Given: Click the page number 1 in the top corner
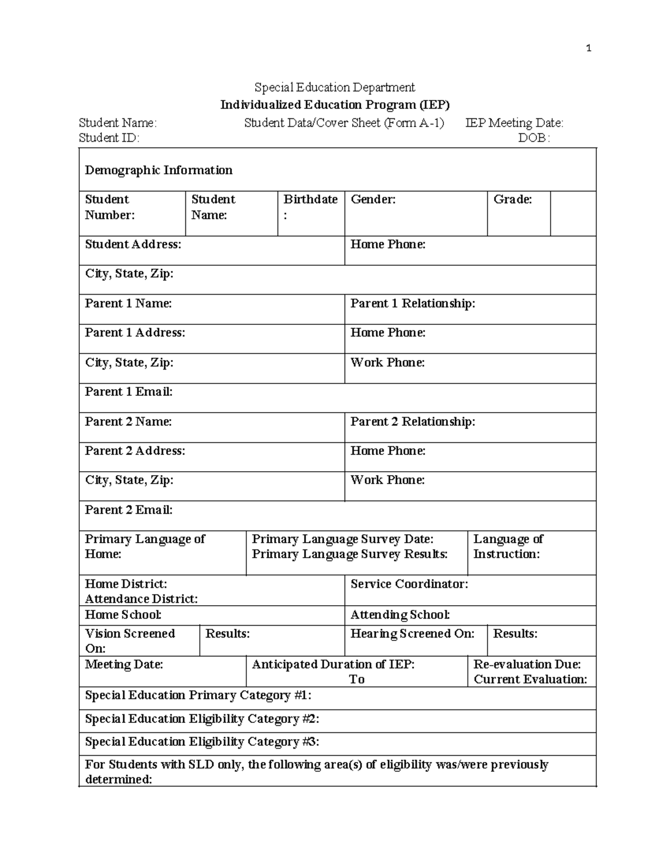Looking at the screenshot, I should click(588, 49).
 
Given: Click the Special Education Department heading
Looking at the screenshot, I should click(334, 87).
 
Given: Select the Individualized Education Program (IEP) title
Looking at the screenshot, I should click(334, 104).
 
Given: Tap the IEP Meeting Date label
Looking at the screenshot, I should click(514, 123).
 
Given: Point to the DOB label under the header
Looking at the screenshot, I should click(534, 138).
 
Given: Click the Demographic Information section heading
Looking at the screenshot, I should click(159, 170).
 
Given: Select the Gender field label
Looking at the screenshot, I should click(373, 199).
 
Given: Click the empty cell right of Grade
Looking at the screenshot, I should click(573, 213).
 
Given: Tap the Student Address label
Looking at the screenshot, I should click(133, 245).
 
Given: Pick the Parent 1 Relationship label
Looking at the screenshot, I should click(413, 303).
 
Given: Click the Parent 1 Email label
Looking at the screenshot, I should click(128, 392).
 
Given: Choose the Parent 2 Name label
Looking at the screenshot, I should click(128, 421).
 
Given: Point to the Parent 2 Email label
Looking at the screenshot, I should click(128, 510).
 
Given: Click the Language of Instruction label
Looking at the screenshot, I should click(508, 547).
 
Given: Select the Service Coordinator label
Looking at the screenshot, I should click(409, 584).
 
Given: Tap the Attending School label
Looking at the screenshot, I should click(400, 615).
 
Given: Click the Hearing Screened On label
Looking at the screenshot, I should click(412, 634).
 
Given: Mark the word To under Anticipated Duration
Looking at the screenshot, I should click(357, 679).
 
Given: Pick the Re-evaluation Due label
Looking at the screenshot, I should click(527, 664).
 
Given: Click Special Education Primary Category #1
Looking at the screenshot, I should click(198, 695).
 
